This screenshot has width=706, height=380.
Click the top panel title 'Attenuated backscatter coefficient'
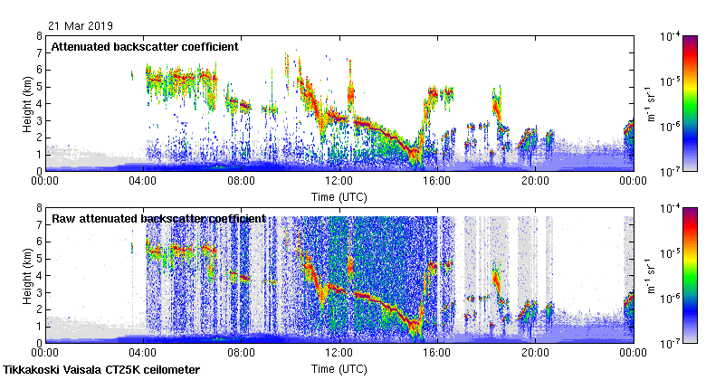point(145,46)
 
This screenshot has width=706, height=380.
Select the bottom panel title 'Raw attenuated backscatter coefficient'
point(158,218)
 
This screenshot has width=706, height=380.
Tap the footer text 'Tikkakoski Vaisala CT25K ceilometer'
point(101,370)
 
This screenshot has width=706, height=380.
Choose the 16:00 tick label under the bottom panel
point(436,353)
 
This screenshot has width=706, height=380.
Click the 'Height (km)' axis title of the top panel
point(28,103)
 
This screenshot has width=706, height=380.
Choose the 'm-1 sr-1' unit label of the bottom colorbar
point(649,275)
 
